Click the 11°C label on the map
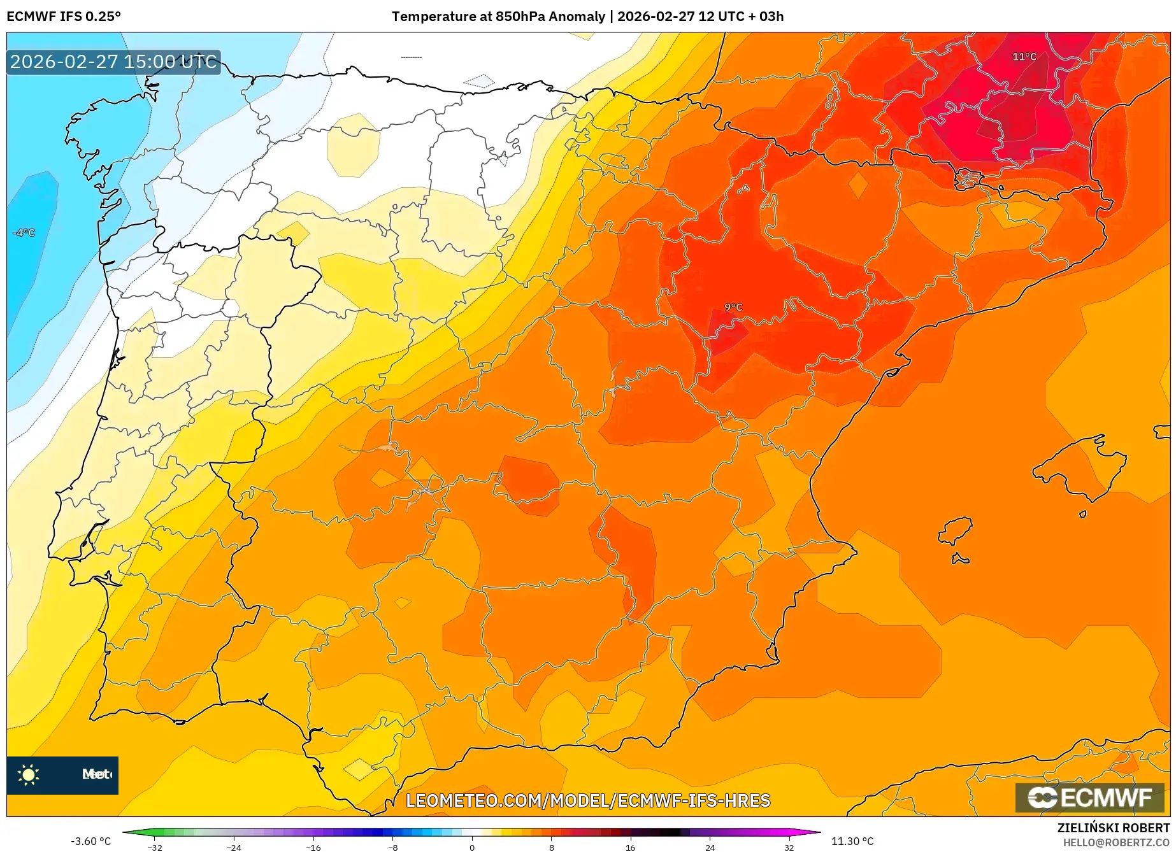coord(1024,57)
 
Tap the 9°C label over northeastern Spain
coord(733,307)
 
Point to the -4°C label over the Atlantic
coord(24,232)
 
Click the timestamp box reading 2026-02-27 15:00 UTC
coord(113,62)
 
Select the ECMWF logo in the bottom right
coord(1089,797)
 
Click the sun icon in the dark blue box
coord(29,774)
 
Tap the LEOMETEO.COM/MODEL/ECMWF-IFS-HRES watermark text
coord(587,800)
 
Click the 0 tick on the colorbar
coord(472,847)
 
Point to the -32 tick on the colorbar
coord(155,847)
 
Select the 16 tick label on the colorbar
coord(630,847)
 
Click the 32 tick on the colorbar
coord(789,847)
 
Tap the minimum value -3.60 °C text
coord(90,841)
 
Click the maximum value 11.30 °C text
coord(852,841)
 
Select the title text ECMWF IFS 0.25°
coord(64,17)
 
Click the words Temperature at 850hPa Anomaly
coord(498,17)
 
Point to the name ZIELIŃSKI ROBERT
coord(1114,828)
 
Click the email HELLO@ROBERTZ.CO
coord(1115,842)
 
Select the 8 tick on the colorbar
coord(551,847)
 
